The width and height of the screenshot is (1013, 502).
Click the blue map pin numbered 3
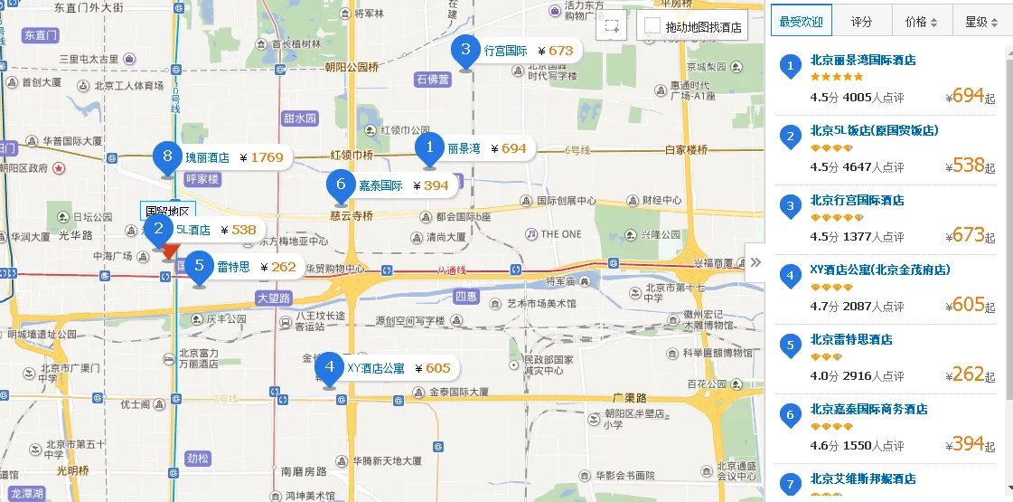465,51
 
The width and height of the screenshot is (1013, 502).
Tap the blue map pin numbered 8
164,157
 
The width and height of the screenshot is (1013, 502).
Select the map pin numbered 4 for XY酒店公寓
329,368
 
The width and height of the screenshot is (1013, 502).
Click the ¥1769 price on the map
267,157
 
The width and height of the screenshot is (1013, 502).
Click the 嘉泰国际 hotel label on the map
380,185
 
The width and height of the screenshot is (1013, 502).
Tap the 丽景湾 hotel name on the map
464,148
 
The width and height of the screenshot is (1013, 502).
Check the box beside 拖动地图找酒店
651,26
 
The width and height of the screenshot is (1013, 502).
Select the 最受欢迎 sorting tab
802,22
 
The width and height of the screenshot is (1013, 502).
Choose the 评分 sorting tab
861,22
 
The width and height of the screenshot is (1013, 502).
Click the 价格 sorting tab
921,22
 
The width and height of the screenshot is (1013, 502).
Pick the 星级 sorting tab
980,22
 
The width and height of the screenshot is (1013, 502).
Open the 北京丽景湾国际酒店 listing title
863,60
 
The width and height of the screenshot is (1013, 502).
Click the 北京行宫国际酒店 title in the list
857,200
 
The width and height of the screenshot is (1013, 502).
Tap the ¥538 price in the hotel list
968,165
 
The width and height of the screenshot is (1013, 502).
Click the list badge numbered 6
791,414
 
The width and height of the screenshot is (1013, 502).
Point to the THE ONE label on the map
560,233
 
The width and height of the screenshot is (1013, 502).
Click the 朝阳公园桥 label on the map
352,67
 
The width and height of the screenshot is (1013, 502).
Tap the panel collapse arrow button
755,262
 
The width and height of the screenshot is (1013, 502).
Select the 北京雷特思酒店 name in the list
851,339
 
